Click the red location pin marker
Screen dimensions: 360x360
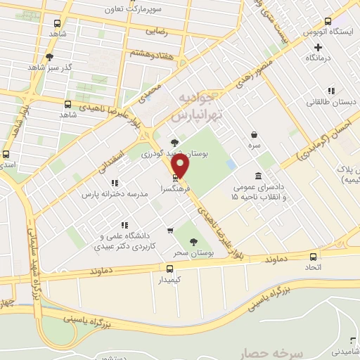(181, 167)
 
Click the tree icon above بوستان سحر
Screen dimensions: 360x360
(193, 241)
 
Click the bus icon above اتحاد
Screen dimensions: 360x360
(314, 257)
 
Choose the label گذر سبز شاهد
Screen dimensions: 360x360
(49, 67)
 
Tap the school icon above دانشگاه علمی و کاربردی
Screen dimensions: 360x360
(124, 225)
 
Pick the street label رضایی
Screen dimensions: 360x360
(156, 32)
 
